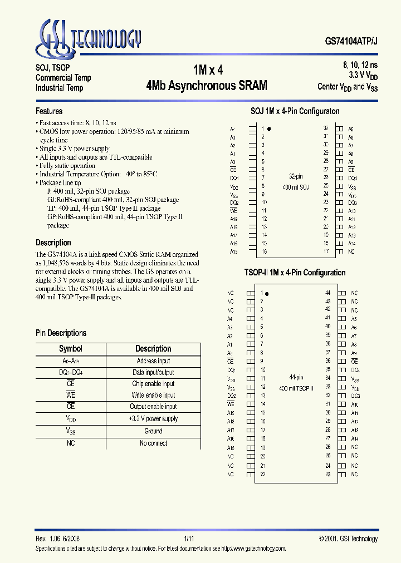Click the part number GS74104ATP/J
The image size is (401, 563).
pyautogui.click(x=351, y=41)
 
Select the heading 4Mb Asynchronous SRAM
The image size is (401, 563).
pyautogui.click(x=207, y=86)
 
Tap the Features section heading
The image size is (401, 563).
pyautogui.click(x=49, y=111)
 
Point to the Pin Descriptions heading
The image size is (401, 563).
pyautogui.click(x=61, y=333)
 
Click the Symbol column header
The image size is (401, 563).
pyautogui.click(x=70, y=348)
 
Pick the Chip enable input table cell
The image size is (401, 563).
pyautogui.click(x=153, y=384)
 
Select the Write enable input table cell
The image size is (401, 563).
pyautogui.click(x=153, y=396)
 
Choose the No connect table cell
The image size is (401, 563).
pyautogui.click(x=153, y=443)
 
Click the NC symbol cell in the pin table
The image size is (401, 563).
pyautogui.click(x=70, y=443)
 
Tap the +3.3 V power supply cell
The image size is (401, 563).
pyautogui.click(x=153, y=419)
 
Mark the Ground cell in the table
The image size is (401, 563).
pyautogui.click(x=153, y=431)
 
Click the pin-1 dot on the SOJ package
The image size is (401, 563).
pyautogui.click(x=270, y=129)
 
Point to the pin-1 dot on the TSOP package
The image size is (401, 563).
pyautogui.click(x=267, y=293)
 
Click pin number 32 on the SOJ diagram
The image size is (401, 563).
pyautogui.click(x=325, y=128)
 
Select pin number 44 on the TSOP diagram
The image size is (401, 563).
pyautogui.click(x=327, y=293)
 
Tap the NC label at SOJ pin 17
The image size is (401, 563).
pyautogui.click(x=351, y=252)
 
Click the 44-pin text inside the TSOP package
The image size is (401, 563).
pyautogui.click(x=295, y=377)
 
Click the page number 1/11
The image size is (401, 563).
pyautogui.click(x=189, y=539)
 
